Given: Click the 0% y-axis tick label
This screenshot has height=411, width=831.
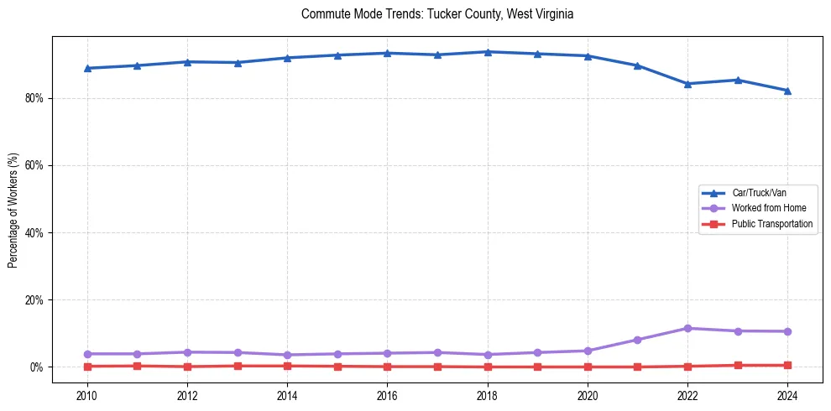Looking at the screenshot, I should coord(36,367).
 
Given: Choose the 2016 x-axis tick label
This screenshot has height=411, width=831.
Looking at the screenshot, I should coord(387,394).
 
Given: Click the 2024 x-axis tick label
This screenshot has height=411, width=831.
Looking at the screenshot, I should coord(787,394).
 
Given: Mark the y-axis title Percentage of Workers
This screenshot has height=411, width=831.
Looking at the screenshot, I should coord(13,211).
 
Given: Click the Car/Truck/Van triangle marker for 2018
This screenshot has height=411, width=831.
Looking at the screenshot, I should coord(487,52).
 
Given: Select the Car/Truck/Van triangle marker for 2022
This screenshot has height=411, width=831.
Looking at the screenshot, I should coord(687,84).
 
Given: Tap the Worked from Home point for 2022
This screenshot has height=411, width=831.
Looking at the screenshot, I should coord(687,328).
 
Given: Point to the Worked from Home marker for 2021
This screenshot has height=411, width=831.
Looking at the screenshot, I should coord(637,340).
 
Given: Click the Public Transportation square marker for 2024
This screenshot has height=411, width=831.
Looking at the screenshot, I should coord(787,365).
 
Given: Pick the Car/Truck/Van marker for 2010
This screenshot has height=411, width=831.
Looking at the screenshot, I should coord(86,68).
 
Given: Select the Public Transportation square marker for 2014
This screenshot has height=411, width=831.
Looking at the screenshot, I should coord(287,366).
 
